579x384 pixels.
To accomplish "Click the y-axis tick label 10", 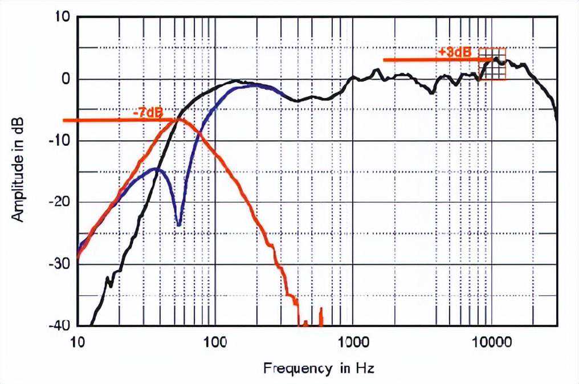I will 62,17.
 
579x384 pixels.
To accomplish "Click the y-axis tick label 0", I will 66,79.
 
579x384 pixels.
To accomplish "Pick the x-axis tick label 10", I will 78,342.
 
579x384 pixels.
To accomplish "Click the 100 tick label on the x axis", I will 215,342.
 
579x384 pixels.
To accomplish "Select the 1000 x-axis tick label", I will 353,342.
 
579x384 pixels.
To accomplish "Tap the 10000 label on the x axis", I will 491,342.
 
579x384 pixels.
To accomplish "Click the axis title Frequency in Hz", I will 319,369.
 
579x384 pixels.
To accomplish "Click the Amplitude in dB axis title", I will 18,170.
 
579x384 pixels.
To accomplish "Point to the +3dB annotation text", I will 455,52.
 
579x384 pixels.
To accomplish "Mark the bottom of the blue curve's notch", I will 179,224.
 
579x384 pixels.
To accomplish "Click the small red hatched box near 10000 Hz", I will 492,64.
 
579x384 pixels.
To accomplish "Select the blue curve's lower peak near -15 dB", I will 157,169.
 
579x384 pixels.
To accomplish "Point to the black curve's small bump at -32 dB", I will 108,278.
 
